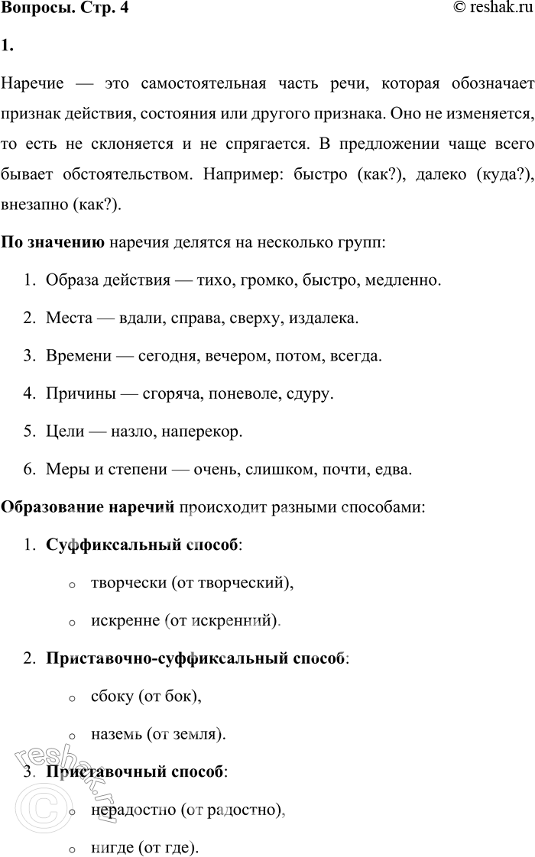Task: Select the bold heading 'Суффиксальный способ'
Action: [142, 545]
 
